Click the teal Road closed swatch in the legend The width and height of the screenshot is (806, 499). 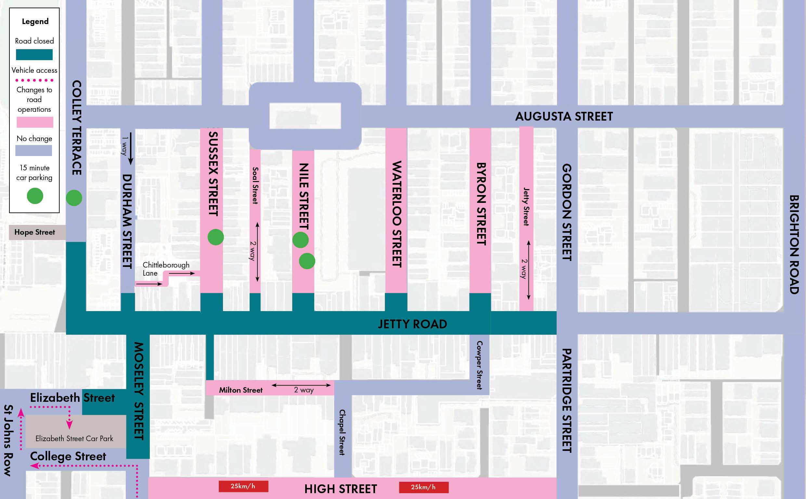click(x=34, y=55)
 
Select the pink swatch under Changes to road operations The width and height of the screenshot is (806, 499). click(x=35, y=122)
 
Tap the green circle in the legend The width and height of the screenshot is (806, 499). click(x=35, y=196)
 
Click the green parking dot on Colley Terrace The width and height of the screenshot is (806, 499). click(x=74, y=198)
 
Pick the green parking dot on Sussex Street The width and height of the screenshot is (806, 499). click(x=216, y=237)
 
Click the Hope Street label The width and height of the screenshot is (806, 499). click(x=35, y=232)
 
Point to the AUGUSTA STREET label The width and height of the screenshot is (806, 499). click(x=564, y=116)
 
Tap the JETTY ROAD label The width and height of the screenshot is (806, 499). click(x=412, y=324)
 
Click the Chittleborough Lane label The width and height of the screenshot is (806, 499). click(x=166, y=269)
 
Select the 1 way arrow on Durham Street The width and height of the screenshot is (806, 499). click(x=131, y=149)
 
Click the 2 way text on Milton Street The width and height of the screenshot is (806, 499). click(x=304, y=390)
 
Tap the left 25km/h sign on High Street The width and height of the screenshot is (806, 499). click(x=243, y=486)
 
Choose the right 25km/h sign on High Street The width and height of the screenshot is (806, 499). click(x=423, y=487)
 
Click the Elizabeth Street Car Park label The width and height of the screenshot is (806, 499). click(x=74, y=439)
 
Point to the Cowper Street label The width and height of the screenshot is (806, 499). click(x=480, y=365)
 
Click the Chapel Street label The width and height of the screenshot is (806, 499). click(x=342, y=432)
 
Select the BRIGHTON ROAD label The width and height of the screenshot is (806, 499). click(x=794, y=244)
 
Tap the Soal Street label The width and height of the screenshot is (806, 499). click(x=255, y=186)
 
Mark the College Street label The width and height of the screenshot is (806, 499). click(x=68, y=456)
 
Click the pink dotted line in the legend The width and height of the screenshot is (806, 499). click(x=34, y=80)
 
